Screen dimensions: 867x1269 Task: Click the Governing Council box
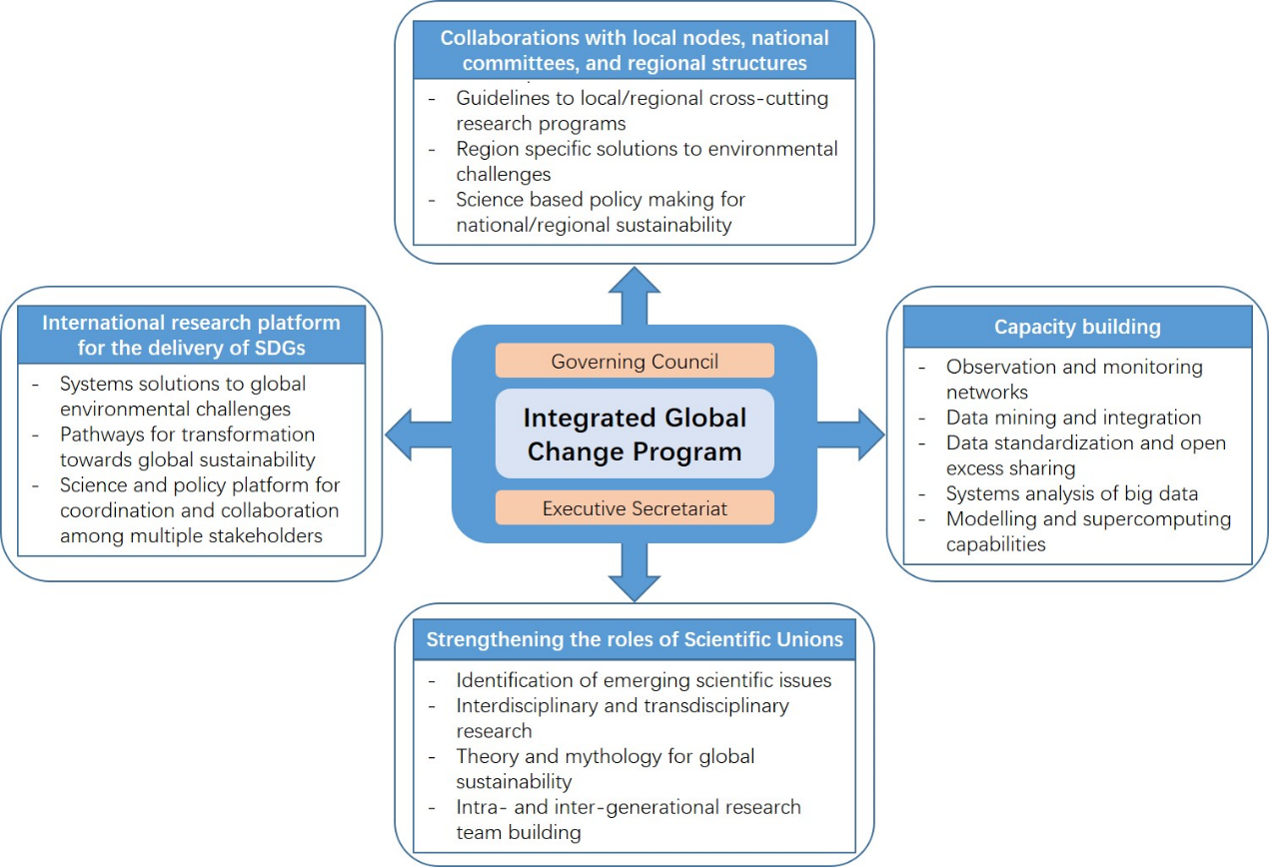[634, 361]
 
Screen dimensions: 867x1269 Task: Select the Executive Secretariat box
[634, 507]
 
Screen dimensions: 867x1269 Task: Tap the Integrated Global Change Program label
[634, 433]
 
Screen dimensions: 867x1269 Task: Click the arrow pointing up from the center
[634, 295]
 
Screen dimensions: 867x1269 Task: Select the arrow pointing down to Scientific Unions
[634, 572]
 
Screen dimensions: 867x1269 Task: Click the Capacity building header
[1077, 327]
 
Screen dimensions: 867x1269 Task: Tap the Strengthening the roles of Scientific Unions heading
[634, 639]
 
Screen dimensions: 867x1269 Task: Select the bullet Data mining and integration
[1073, 418]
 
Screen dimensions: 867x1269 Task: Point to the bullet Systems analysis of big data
[1071, 493]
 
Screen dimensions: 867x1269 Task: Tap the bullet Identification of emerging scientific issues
[643, 680]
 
